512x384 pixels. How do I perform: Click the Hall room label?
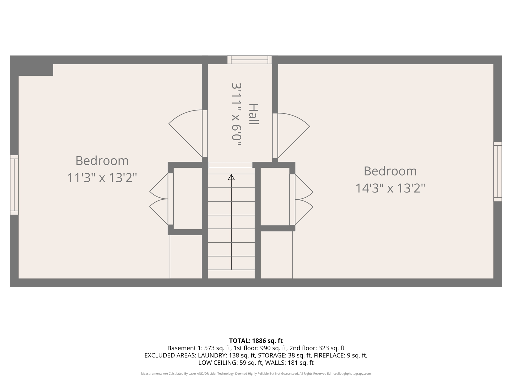tap(253, 114)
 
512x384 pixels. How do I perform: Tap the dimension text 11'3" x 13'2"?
tap(102, 178)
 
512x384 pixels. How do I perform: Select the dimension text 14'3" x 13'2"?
tap(390, 188)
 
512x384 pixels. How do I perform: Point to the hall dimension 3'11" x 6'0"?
tap(236, 114)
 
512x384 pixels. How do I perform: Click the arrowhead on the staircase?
tap(231, 177)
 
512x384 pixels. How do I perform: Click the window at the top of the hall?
tap(249, 60)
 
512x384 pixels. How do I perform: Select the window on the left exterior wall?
tap(14, 185)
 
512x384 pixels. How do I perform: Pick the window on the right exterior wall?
tap(497, 171)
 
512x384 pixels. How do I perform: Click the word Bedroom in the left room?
tap(102, 161)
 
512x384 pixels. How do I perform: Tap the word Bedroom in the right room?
tap(390, 171)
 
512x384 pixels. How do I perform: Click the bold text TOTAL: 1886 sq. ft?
tap(256, 341)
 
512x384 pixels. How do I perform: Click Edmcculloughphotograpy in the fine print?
tap(345, 374)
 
